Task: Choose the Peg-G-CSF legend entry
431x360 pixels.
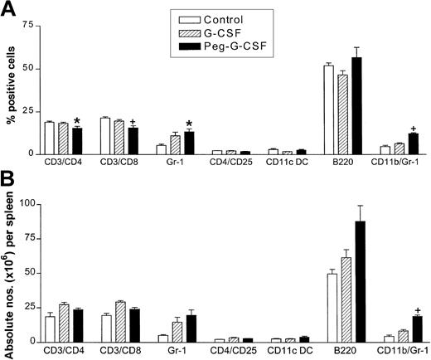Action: [221, 47]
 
